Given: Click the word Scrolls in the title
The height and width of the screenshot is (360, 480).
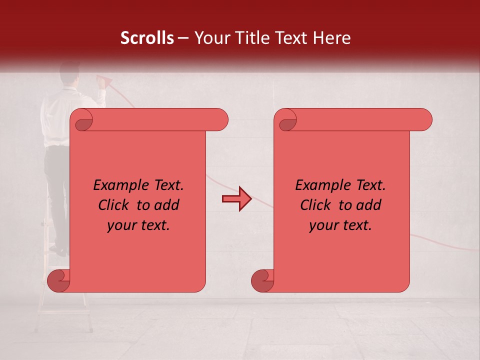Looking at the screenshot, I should pos(147,38).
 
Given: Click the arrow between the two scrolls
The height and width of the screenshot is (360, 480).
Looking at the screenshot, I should pos(236,199).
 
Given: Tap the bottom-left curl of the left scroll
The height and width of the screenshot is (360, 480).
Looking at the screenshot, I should pos(59,281).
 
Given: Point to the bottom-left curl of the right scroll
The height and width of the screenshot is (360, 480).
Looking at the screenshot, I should pos(262,281).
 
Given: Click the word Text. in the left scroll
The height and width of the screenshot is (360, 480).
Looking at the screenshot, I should pos(167,185).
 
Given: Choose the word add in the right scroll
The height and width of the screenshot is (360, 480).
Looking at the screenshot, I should pos(369,205).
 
